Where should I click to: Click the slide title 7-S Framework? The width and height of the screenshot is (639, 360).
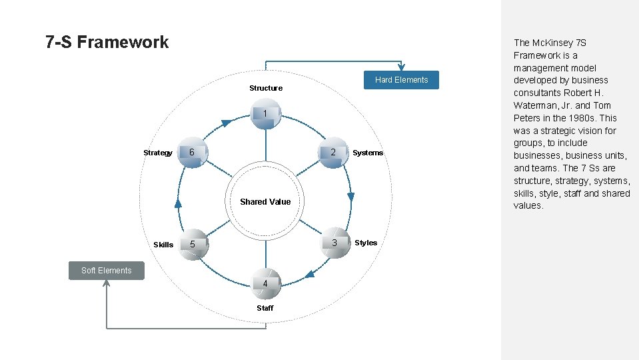click(x=107, y=43)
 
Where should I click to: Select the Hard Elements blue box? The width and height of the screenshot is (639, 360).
click(x=401, y=80)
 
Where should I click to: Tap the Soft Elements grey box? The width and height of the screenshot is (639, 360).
click(x=107, y=270)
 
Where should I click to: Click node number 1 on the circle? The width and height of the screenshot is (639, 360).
click(x=265, y=114)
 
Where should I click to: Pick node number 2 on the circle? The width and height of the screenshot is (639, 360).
click(x=334, y=153)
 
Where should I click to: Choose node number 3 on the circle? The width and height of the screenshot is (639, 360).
click(x=334, y=243)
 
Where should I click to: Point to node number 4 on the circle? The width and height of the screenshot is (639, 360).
click(x=265, y=284)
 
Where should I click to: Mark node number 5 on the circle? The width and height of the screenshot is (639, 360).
click(x=193, y=244)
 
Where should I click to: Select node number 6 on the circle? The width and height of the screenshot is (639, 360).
click(x=193, y=153)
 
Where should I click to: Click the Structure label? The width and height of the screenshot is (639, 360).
click(x=266, y=88)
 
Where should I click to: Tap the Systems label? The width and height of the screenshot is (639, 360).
click(x=368, y=153)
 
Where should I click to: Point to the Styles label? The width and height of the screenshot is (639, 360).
click(x=366, y=243)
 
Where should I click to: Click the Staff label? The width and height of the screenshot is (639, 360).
click(x=265, y=308)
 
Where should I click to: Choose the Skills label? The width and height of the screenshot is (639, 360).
click(x=163, y=245)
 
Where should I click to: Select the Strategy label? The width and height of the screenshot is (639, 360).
click(x=158, y=153)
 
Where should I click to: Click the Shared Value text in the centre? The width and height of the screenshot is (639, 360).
click(x=265, y=202)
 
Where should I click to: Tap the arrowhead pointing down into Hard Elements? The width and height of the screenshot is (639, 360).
click(x=401, y=67)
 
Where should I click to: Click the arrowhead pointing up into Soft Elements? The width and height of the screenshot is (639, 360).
click(x=107, y=283)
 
